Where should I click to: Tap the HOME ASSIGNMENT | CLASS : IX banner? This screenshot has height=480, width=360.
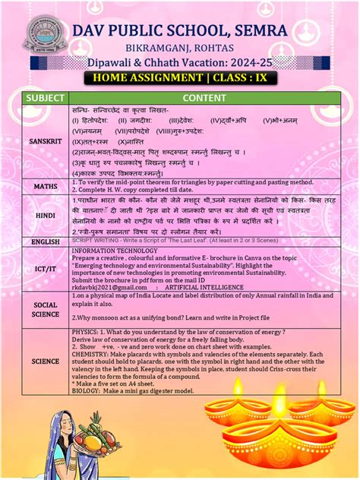point(179,77)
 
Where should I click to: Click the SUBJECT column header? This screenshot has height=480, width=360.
point(45,98)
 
